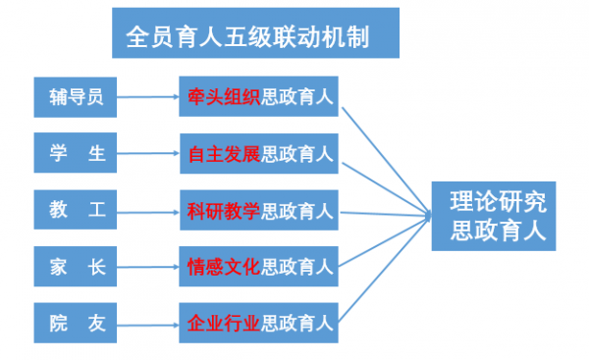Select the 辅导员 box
pos(76,96)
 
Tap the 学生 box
pos(76,152)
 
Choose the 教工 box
pos(76,209)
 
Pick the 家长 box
pos(76,265)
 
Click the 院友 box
pos(76,321)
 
